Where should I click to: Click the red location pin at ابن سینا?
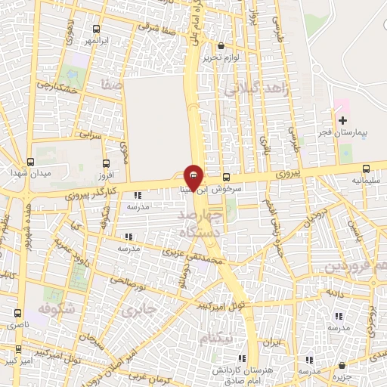pyautogui.click(x=193, y=178)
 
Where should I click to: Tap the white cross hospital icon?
pyautogui.click(x=342, y=120)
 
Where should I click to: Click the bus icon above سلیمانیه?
pyautogui.click(x=367, y=169)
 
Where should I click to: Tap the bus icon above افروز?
pyautogui.click(x=105, y=163)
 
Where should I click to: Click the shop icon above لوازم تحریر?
pyautogui.click(x=220, y=45)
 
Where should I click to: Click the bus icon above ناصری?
pyautogui.click(x=17, y=312)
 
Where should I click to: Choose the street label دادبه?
pyautogui.click(x=335, y=293)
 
